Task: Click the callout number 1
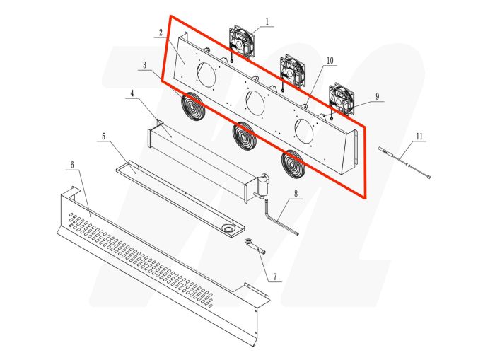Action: coord(266,23)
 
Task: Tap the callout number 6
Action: coord(72,163)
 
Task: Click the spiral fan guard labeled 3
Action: coord(192,106)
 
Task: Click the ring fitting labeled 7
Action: coord(252,243)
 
